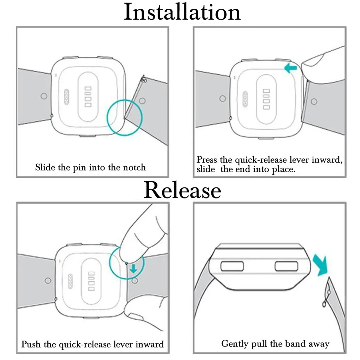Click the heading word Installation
(x=182, y=12)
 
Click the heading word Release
(x=182, y=190)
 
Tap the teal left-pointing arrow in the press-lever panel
(x=291, y=68)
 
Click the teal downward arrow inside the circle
(x=134, y=268)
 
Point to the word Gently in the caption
(x=235, y=344)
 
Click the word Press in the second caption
(x=207, y=160)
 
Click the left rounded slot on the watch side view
(x=232, y=266)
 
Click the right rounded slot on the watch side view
(x=286, y=266)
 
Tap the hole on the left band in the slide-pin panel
(x=44, y=96)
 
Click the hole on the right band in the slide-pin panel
(x=142, y=100)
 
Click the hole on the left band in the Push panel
(x=48, y=280)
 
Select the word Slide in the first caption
(x=45, y=167)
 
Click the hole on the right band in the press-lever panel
(x=314, y=101)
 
